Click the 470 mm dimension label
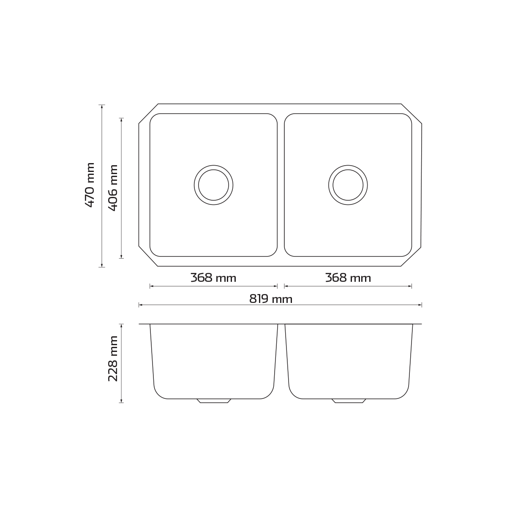pyautogui.click(x=90, y=185)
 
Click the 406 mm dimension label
pyautogui.click(x=113, y=188)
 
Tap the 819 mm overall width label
pyautogui.click(x=270, y=299)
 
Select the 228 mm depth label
pyautogui.click(x=113, y=359)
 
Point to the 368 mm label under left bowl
pyautogui.click(x=213, y=278)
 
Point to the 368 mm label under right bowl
pyautogui.click(x=348, y=278)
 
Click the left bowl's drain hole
pyautogui.click(x=213, y=185)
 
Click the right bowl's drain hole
pyautogui.click(x=348, y=185)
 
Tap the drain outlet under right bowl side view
pyautogui.click(x=349, y=401)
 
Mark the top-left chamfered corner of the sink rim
pyautogui.click(x=148, y=114)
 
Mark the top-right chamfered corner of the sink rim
pyautogui.click(x=412, y=114)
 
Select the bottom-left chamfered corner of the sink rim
pyautogui.click(x=148, y=256)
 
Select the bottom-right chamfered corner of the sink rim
pyautogui.click(x=412, y=256)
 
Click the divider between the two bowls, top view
pyautogui.click(x=281, y=185)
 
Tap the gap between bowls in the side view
pyautogui.click(x=282, y=359)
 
